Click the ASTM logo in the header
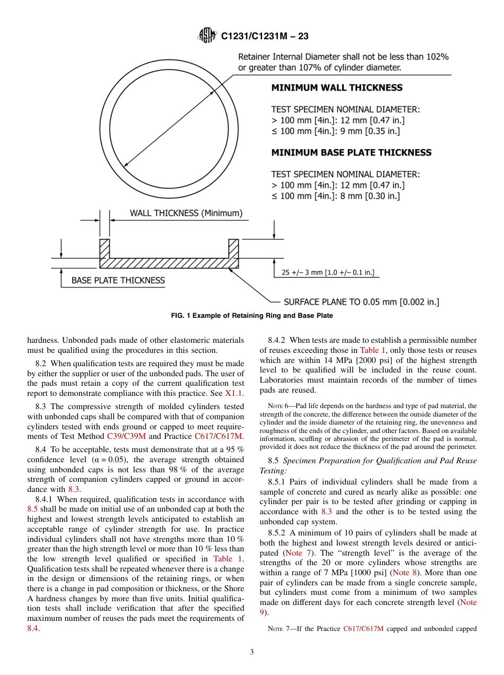(x=207, y=36)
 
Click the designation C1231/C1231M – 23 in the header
(x=265, y=36)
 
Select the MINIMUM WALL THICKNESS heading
(x=336, y=88)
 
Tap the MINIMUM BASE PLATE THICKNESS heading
(x=351, y=153)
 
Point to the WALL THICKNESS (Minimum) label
(x=186, y=213)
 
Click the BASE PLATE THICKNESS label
(x=118, y=280)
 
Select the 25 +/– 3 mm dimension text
(x=327, y=273)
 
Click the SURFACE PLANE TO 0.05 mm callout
(x=361, y=302)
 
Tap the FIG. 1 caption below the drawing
(x=251, y=316)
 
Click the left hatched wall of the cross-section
(x=105, y=249)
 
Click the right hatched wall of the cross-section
(x=233, y=249)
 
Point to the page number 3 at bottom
(x=252, y=652)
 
